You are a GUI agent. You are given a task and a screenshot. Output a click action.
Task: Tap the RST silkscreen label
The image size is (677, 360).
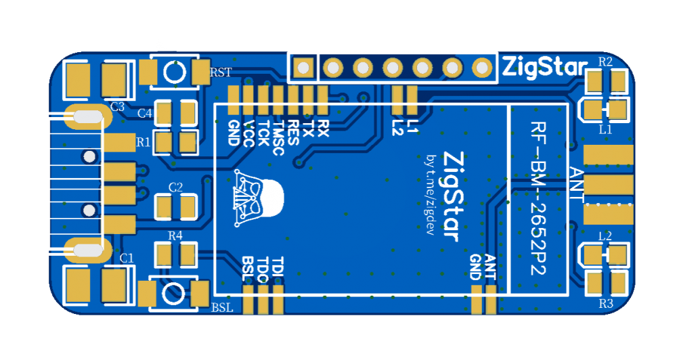pos(221,72)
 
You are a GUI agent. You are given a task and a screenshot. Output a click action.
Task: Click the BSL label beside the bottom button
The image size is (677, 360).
pos(222,308)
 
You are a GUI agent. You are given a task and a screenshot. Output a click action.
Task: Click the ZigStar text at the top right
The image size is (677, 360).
pos(544,68)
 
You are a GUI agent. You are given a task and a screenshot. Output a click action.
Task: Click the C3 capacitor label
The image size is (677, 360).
pos(117,106)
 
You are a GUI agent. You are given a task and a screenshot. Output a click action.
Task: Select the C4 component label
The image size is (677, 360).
pos(144,113)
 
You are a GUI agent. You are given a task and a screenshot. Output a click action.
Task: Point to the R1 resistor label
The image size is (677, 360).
pos(143,142)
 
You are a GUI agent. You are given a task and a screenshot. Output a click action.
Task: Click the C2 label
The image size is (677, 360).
pos(175,187)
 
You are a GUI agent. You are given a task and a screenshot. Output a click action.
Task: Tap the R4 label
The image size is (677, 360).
pos(175,235)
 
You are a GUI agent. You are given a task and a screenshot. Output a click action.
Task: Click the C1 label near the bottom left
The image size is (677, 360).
pos(127,258)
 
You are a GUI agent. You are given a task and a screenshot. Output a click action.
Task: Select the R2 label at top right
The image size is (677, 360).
pos(605,62)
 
